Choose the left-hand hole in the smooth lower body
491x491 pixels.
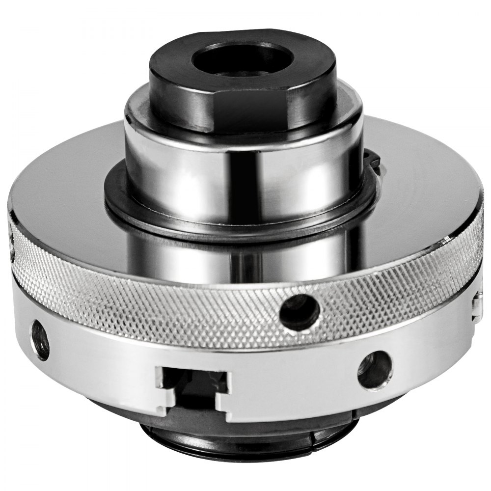coord(40,339)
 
